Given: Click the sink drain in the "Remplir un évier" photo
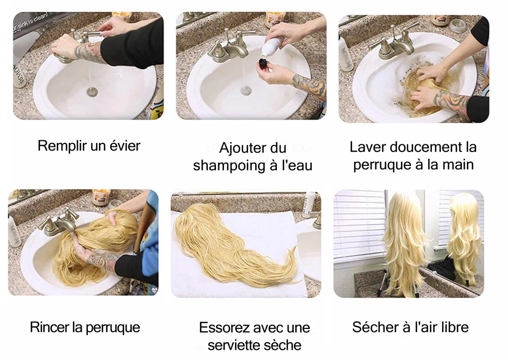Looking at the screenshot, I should [x=91, y=92].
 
